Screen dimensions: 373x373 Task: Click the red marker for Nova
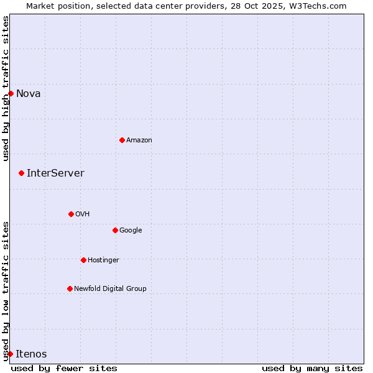tap(11, 93)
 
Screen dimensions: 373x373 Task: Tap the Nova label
tap(29, 94)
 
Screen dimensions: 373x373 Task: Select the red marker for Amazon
tap(122, 140)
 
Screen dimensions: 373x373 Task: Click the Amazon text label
tap(139, 140)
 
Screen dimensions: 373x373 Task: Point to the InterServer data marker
tap(21, 173)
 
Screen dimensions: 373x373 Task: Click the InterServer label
tap(55, 173)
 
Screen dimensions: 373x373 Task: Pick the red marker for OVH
tap(71, 214)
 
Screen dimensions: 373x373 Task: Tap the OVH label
tap(83, 214)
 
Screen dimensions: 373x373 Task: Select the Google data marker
tap(115, 230)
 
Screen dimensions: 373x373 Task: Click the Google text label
tap(131, 231)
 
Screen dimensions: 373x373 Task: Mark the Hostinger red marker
tap(83, 260)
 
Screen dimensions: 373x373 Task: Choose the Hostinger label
tap(103, 260)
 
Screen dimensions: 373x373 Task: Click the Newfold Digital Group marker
tap(70, 288)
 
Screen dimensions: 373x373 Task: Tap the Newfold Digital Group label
tap(111, 289)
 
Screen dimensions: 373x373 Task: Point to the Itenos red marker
tap(10, 354)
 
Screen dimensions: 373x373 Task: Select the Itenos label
tap(31, 354)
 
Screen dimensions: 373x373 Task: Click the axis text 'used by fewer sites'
tap(64, 369)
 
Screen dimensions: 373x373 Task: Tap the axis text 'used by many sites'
tap(312, 369)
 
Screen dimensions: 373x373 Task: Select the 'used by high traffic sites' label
tap(6, 88)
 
